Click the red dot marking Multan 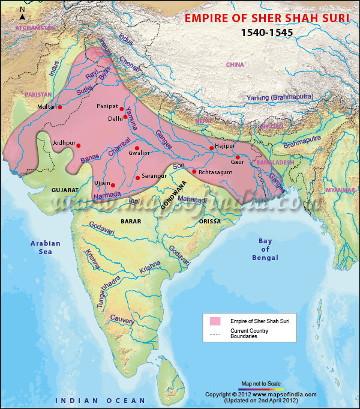(60, 108)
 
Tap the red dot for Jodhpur (79, 145)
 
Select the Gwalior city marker (137, 148)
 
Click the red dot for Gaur (238, 157)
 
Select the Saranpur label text (154, 176)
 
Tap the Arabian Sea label (46, 247)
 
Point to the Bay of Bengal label (265, 249)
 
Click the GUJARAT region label (65, 189)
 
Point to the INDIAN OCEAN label (100, 400)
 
